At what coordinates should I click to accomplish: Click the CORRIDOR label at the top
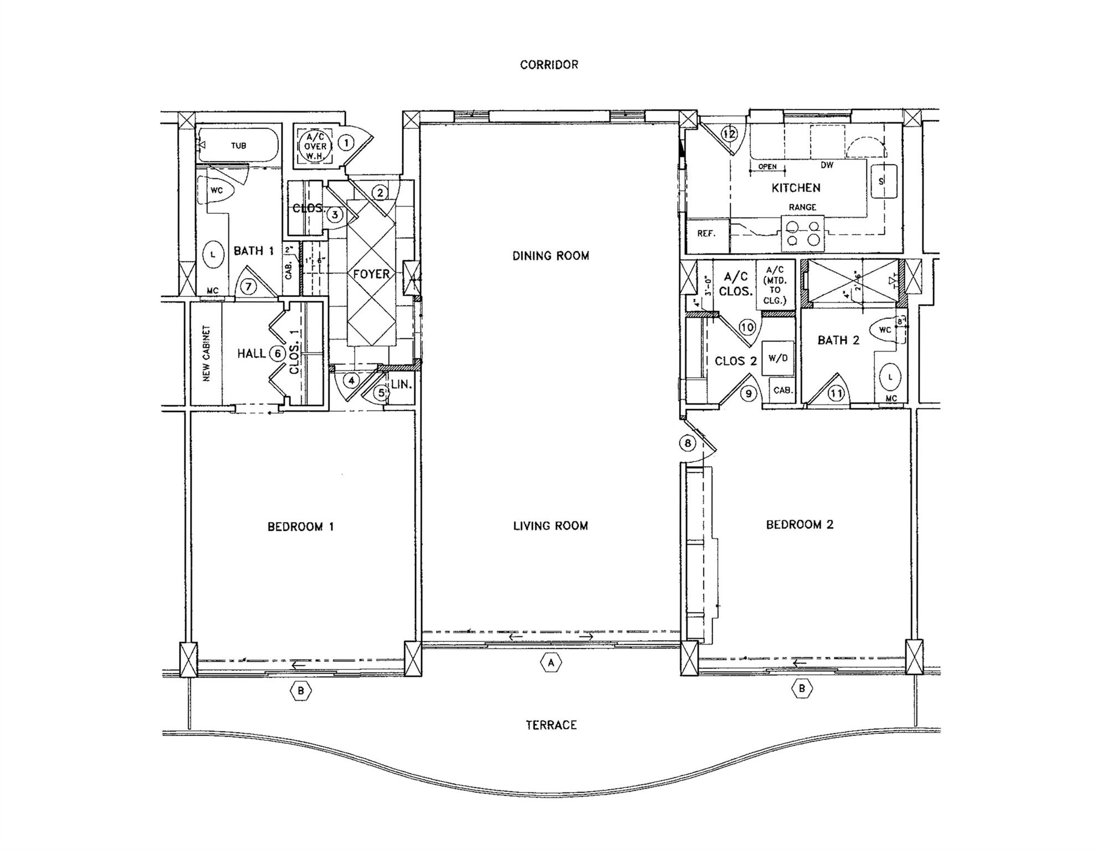click(549, 65)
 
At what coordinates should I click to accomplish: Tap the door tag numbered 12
click(730, 133)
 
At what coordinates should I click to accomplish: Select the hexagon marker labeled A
click(550, 662)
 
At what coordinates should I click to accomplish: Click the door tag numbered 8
click(688, 443)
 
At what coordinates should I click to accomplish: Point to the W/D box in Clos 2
click(777, 358)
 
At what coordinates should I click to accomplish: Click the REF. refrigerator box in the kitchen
click(706, 234)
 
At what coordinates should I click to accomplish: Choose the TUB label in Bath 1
click(239, 146)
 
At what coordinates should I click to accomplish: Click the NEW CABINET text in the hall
click(206, 353)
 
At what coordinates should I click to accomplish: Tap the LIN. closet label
click(401, 384)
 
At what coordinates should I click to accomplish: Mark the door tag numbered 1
click(346, 143)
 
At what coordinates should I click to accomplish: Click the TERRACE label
click(551, 725)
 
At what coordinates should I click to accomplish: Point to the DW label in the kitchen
click(826, 165)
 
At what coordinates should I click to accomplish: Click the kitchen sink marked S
click(882, 181)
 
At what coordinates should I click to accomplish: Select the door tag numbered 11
click(836, 394)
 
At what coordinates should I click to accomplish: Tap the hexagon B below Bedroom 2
click(802, 689)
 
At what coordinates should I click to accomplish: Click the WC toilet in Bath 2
click(885, 329)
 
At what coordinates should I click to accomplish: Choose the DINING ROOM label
click(550, 256)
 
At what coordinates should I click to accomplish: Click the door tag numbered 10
click(747, 327)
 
